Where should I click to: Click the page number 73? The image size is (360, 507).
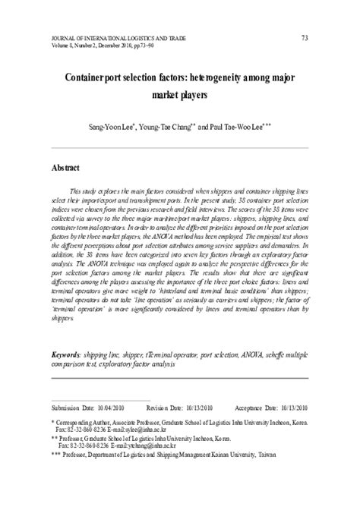305,38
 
